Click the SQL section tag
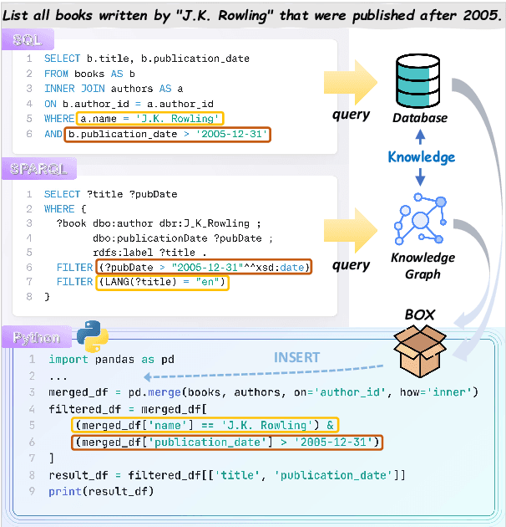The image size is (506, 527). [28, 39]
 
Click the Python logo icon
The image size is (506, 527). [92, 335]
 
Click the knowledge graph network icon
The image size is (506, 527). [422, 220]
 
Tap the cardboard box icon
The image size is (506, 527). [420, 352]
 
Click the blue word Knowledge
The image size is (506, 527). [422, 156]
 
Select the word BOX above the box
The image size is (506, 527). [420, 315]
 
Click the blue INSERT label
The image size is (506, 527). [296, 357]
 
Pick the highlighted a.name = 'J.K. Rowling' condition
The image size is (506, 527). [149, 118]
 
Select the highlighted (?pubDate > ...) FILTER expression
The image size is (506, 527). [203, 267]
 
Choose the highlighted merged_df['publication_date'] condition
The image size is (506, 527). [225, 442]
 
